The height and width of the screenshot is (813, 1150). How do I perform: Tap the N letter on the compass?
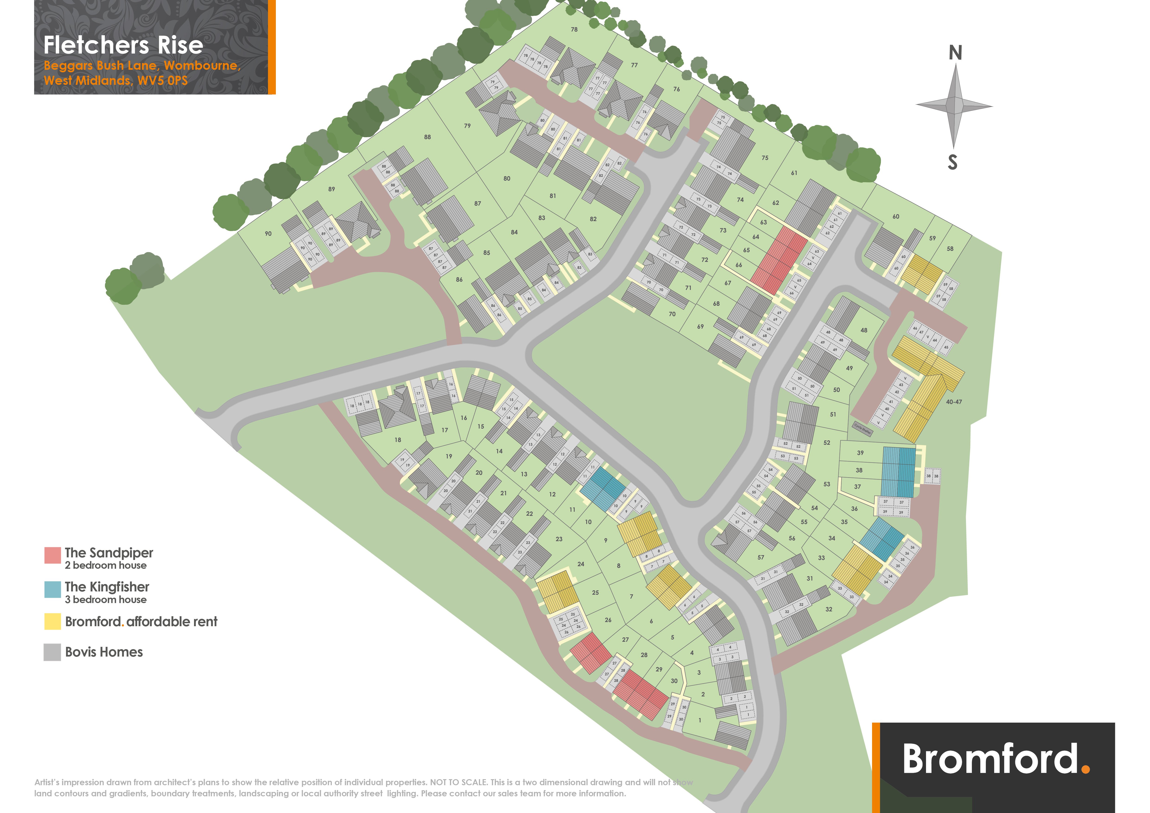(x=955, y=53)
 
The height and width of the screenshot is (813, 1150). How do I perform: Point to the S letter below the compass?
(x=953, y=162)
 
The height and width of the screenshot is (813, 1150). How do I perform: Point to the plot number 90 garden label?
(x=268, y=234)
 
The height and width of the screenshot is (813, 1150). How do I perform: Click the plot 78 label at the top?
(x=574, y=29)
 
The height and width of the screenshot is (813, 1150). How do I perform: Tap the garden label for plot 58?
(x=950, y=249)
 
